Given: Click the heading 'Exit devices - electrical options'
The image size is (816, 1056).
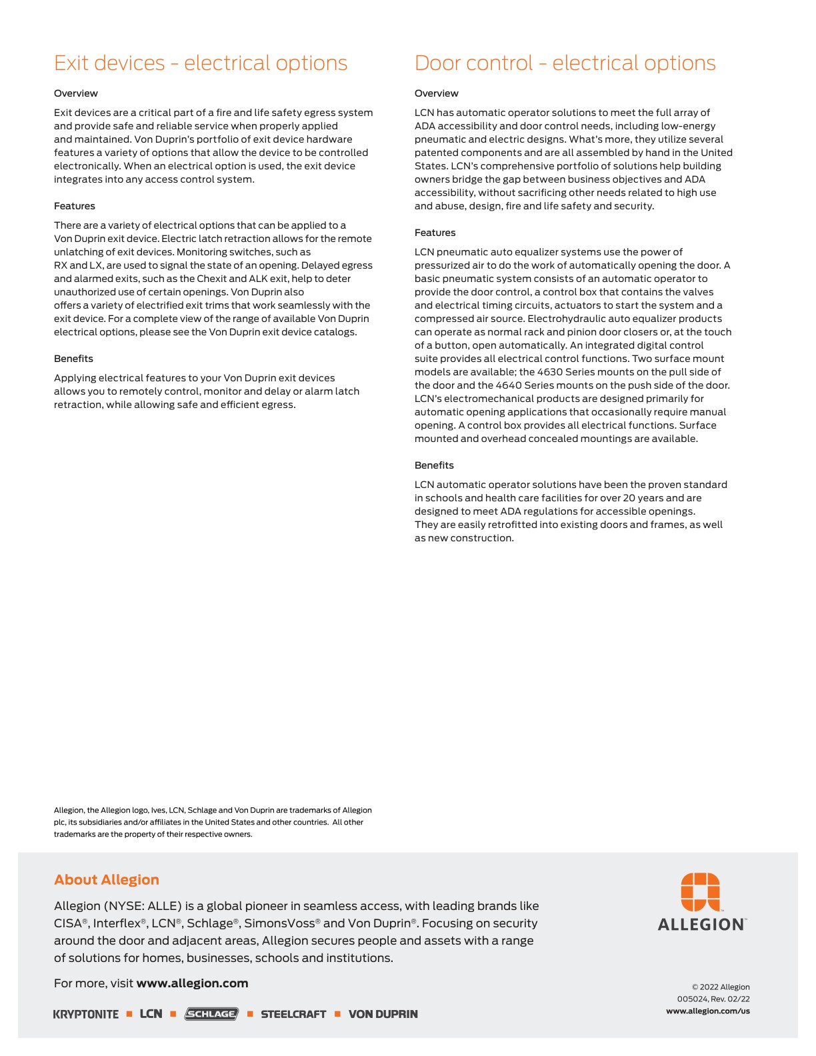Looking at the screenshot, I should (x=201, y=63).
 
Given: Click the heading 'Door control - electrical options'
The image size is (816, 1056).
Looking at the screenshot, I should (x=565, y=63).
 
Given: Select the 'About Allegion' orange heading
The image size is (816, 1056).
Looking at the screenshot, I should (x=107, y=879).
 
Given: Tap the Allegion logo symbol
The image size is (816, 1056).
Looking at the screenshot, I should (x=700, y=891).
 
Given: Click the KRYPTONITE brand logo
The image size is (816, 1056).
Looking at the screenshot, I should (x=86, y=1014).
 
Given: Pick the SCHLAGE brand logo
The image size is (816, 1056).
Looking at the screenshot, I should (x=211, y=1014).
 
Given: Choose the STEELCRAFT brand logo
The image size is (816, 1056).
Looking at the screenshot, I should (x=293, y=1014).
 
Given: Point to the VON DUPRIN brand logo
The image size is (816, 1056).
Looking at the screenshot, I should (x=383, y=1014).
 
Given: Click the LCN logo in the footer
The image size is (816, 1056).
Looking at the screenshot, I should (x=151, y=1013).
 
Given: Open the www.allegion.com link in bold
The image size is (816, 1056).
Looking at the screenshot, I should (x=192, y=983).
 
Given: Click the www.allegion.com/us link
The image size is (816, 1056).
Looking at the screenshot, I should (x=708, y=1011).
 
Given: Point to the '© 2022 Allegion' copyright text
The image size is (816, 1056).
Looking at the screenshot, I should (x=721, y=987).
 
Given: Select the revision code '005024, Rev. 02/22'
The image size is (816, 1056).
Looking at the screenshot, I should (x=713, y=999).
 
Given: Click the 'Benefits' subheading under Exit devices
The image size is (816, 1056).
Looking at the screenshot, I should (x=73, y=359).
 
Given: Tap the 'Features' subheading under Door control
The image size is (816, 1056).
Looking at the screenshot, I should (x=435, y=233).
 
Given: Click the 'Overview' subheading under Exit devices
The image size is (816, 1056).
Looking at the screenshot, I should (x=76, y=93).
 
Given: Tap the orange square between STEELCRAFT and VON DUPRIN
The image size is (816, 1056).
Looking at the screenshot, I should (x=337, y=1014).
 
